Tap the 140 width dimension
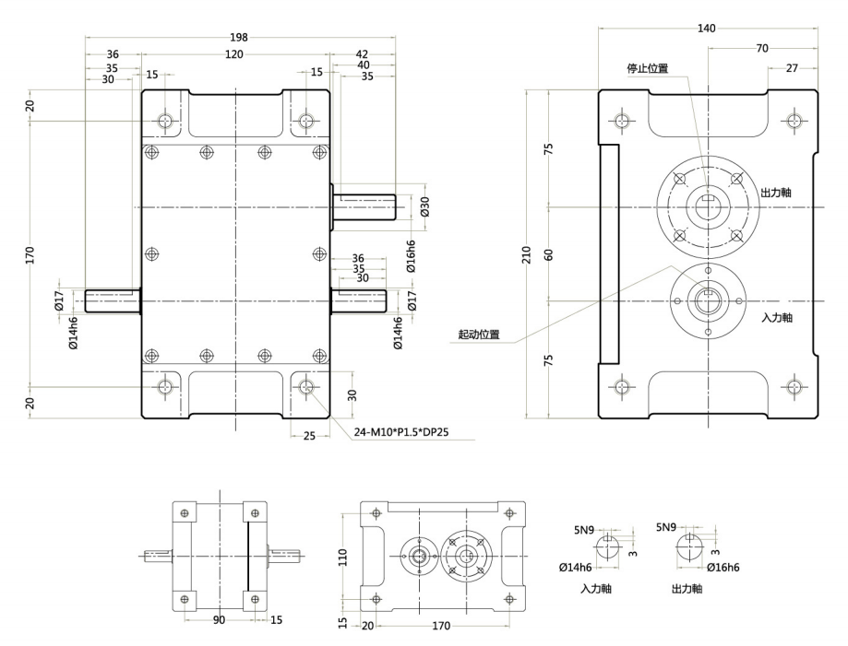point(707,29)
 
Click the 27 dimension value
point(792,68)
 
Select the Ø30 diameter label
point(425,206)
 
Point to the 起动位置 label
point(479,335)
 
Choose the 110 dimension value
point(342,556)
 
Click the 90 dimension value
point(219,620)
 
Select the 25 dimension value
point(308,436)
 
